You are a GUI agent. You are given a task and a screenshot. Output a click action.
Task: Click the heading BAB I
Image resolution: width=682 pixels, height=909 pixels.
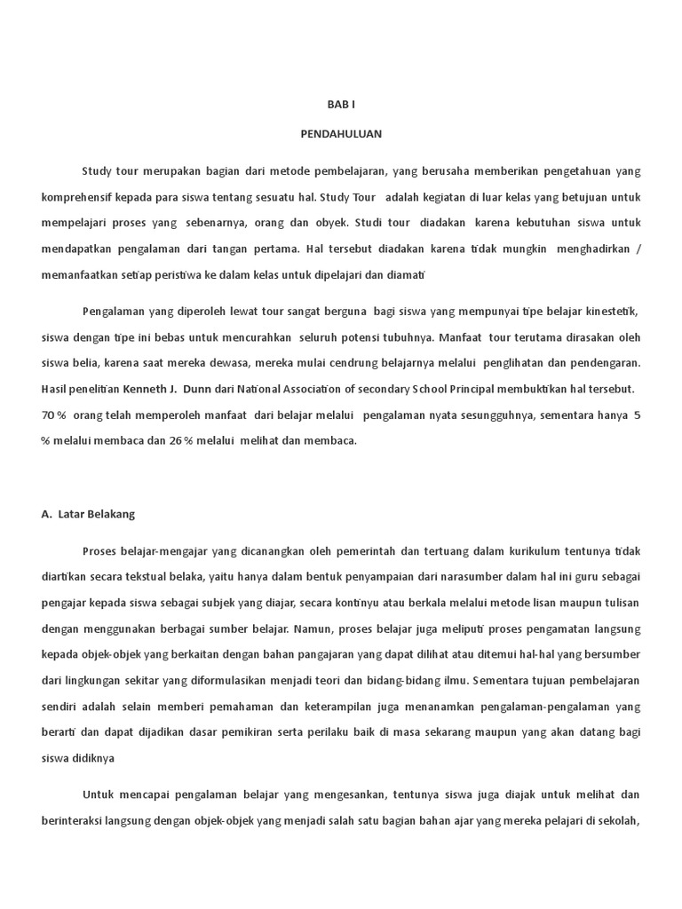tap(340, 104)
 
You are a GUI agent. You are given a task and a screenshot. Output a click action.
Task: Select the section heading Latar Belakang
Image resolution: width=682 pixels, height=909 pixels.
tap(96, 514)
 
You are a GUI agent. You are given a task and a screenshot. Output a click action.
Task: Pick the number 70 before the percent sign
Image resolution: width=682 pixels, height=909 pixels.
tap(48, 415)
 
